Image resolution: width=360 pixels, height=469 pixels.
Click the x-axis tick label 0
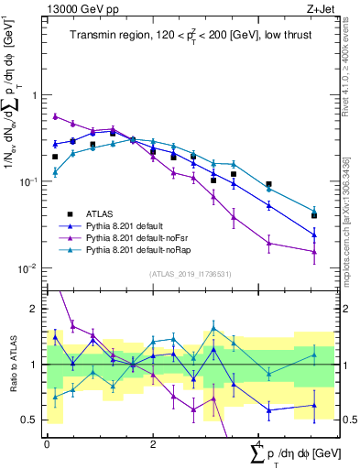tap(47, 442)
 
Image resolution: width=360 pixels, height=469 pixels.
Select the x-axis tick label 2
tap(152, 442)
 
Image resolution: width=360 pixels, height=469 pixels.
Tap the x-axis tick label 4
tap(257, 442)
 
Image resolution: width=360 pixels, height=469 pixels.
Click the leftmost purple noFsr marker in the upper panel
tap(56, 116)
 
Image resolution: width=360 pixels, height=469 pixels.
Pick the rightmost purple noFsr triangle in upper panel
tap(314, 252)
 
